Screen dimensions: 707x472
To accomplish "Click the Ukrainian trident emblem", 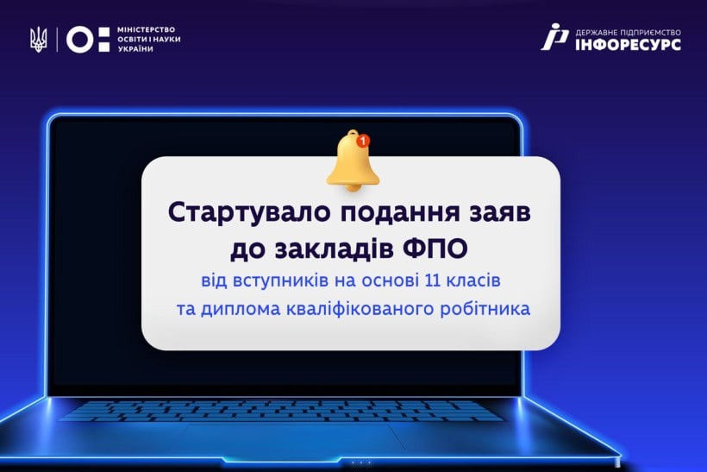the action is click(38, 40).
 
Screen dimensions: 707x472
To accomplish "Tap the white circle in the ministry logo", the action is click(80, 40).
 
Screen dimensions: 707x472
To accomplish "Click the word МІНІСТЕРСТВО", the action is click(146, 30).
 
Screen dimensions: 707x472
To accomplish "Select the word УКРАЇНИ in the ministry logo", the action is click(135, 48).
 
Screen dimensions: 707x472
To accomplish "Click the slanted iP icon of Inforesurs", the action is click(555, 36).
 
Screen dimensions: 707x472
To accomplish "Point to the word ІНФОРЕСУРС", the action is click(628, 44).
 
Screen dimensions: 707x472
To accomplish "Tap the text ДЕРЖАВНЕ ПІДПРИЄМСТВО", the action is click(628, 33).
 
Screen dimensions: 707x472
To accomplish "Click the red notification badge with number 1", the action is click(363, 141).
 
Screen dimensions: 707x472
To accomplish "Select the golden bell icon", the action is click(353, 160).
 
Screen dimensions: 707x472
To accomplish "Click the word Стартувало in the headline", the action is click(249, 212).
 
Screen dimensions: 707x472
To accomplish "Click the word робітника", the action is click(485, 309).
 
